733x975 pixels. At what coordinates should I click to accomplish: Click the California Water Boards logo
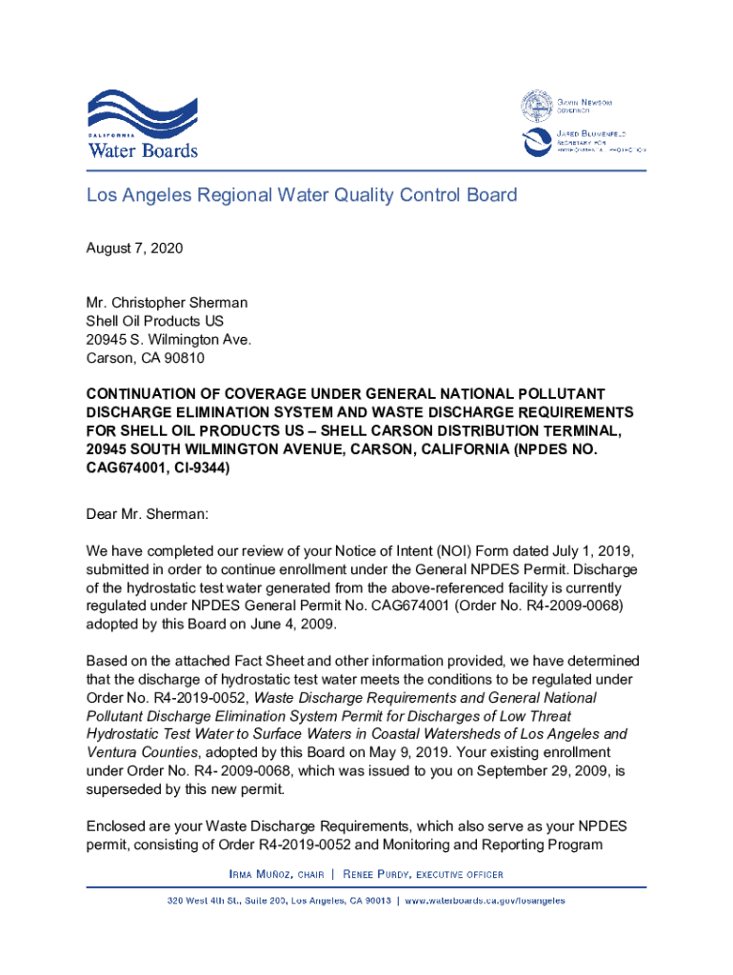click(143, 124)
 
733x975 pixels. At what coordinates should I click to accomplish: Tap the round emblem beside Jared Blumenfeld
click(535, 142)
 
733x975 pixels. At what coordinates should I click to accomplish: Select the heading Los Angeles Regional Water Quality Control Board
click(302, 196)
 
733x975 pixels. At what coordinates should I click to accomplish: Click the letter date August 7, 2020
click(134, 249)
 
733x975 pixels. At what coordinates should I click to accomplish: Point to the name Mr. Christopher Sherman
click(167, 304)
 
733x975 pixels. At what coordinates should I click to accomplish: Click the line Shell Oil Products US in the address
click(155, 322)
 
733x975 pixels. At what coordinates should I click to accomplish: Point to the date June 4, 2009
click(287, 626)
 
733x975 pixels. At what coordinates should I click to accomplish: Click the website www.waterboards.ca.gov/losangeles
click(485, 901)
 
